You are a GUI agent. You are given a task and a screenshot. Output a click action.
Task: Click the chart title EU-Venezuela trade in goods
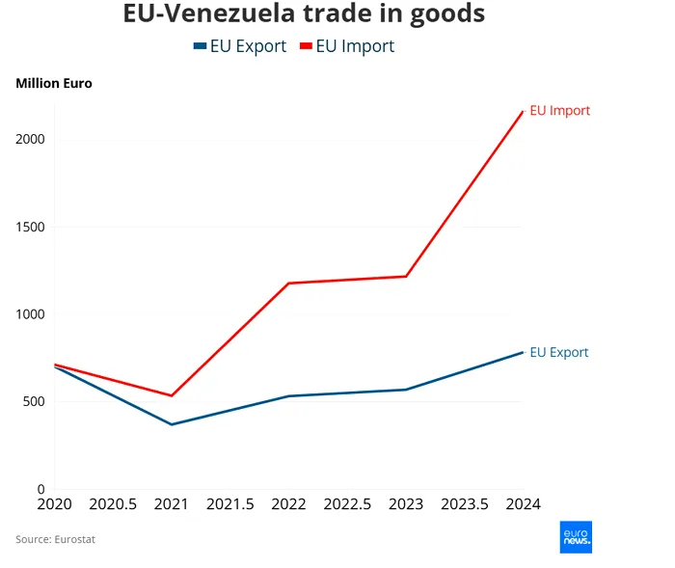tap(304, 14)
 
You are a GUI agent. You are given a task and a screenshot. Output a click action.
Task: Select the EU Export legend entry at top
tap(240, 46)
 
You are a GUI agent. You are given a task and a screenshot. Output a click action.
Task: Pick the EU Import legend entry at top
tap(347, 46)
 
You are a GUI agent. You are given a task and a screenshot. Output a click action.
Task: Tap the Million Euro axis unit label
tap(54, 84)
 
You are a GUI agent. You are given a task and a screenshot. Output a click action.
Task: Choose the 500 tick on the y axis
tap(34, 402)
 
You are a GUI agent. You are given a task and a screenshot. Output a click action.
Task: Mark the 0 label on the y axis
tap(40, 490)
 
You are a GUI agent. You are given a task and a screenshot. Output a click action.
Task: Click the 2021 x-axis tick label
tap(172, 504)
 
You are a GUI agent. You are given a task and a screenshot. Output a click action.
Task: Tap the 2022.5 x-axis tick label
tap(347, 504)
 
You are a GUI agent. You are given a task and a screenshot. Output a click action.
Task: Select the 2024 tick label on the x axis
tap(523, 504)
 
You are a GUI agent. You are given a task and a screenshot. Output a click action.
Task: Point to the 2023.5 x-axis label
tap(465, 504)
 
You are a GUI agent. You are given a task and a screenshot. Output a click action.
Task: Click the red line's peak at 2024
tap(523, 112)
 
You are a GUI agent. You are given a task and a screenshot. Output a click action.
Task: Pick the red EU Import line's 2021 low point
tap(172, 395)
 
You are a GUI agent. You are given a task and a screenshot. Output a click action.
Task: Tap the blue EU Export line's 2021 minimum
tap(172, 424)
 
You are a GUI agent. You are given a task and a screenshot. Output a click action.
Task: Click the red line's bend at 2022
tap(288, 284)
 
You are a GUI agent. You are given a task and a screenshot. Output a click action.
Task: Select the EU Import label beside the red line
tap(560, 111)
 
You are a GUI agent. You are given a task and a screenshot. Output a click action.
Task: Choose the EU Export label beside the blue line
tap(559, 353)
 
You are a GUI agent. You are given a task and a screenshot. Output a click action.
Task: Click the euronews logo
tap(576, 537)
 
